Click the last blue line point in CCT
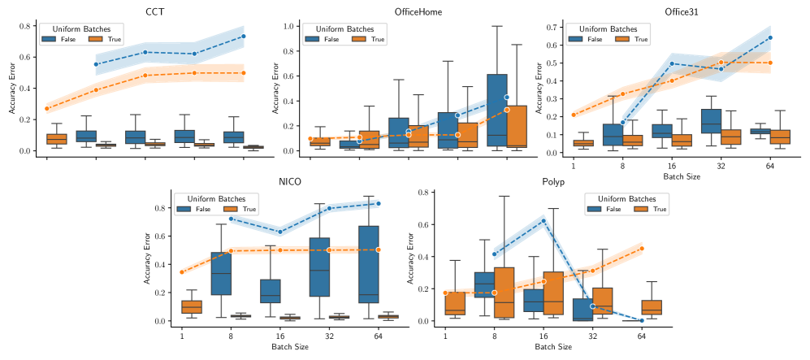(244, 36)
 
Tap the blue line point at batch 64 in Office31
(770, 37)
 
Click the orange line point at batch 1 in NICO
(180, 272)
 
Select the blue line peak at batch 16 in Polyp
(544, 221)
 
